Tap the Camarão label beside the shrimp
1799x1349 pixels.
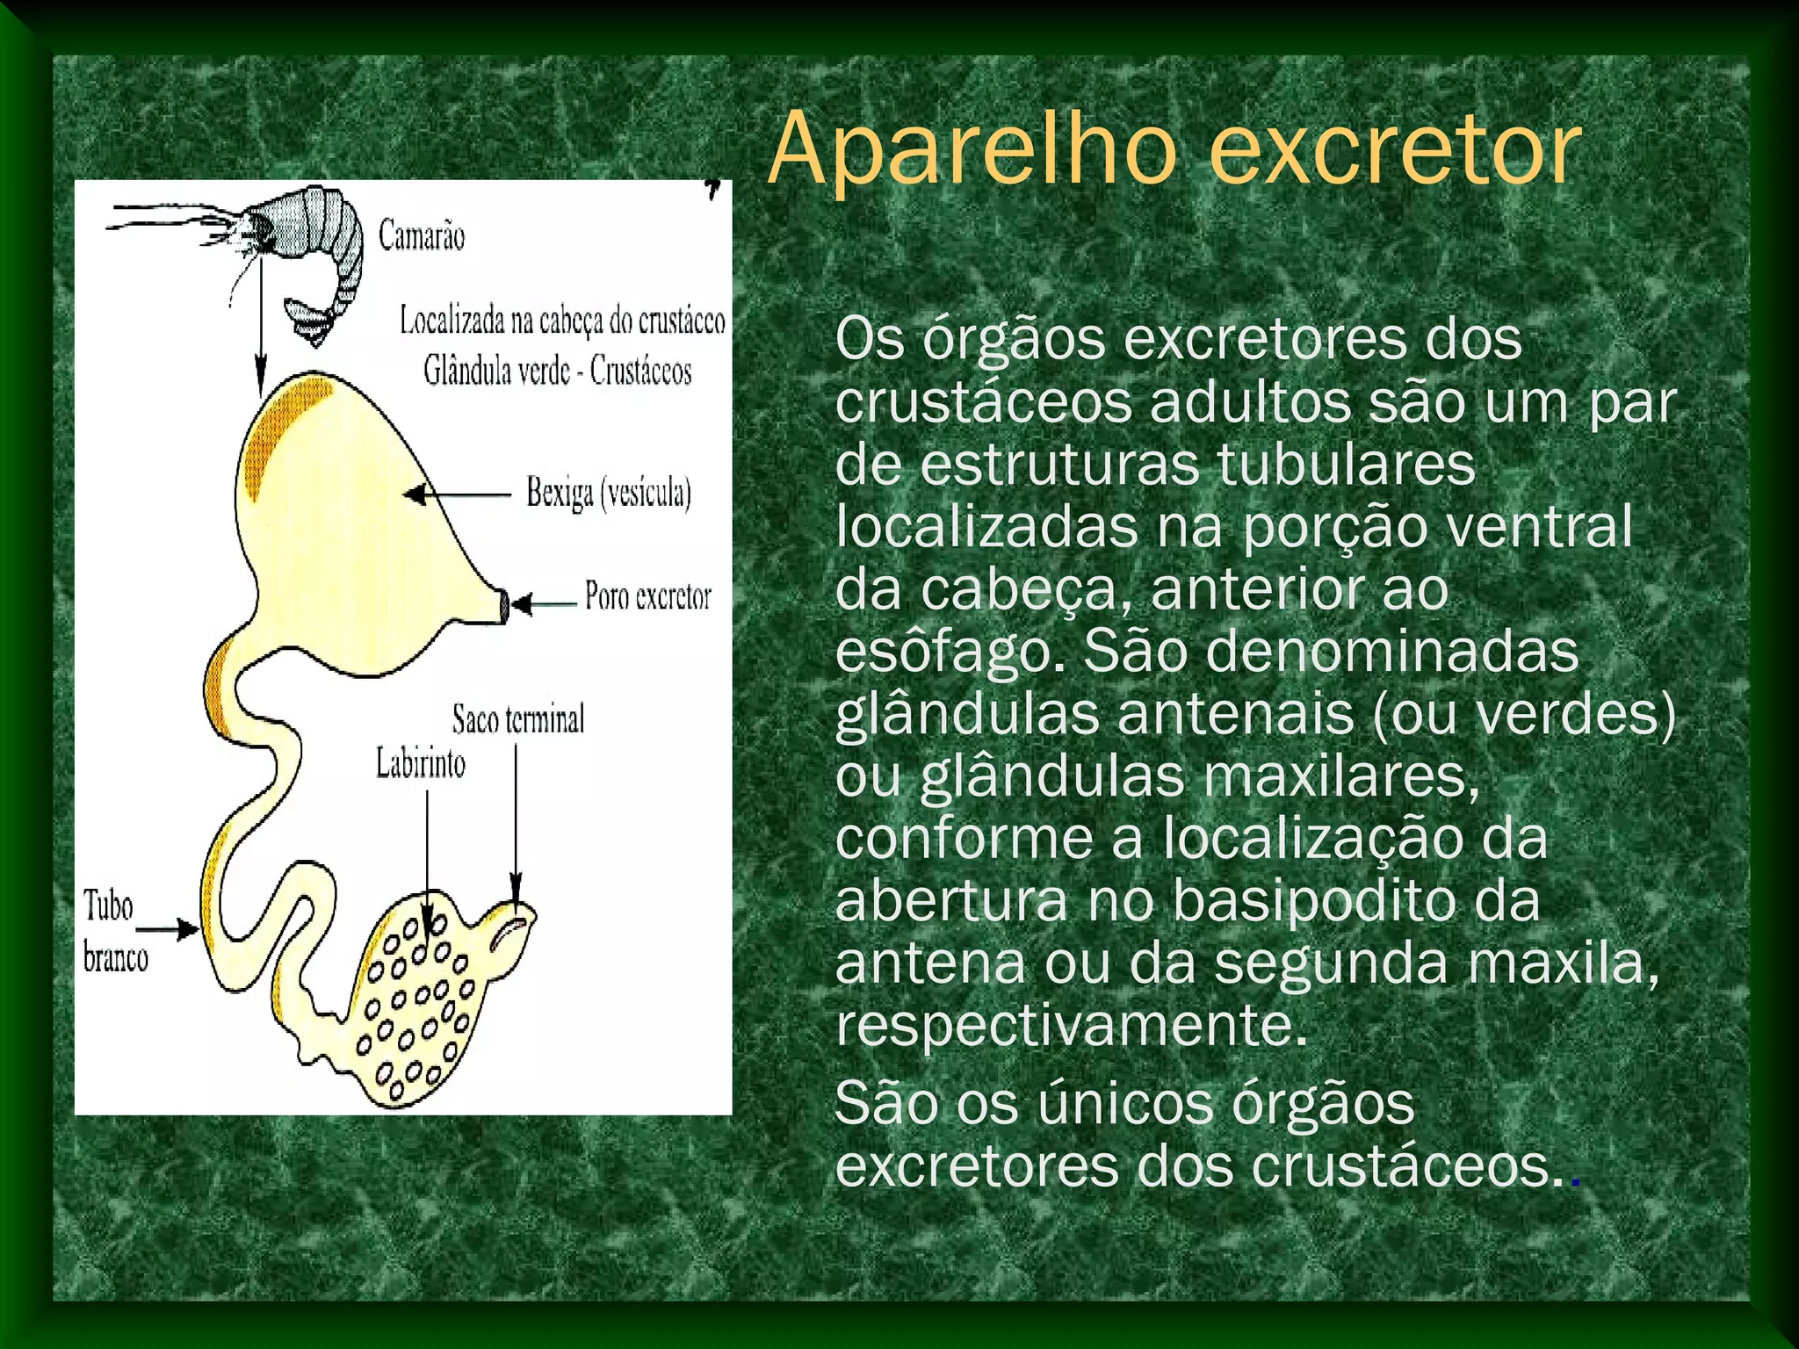click(421, 235)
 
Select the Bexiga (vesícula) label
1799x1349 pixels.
click(608, 493)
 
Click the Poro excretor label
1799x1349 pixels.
click(647, 596)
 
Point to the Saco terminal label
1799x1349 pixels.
click(517, 719)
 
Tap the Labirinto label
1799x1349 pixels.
click(421, 762)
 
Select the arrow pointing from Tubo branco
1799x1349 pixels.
click(168, 928)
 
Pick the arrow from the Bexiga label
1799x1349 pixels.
click(457, 494)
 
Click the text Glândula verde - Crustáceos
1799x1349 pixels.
click(557, 371)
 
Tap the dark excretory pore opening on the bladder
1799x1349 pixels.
click(504, 604)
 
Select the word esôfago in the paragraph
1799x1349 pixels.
click(949, 652)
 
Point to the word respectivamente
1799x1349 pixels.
click(1071, 1025)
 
